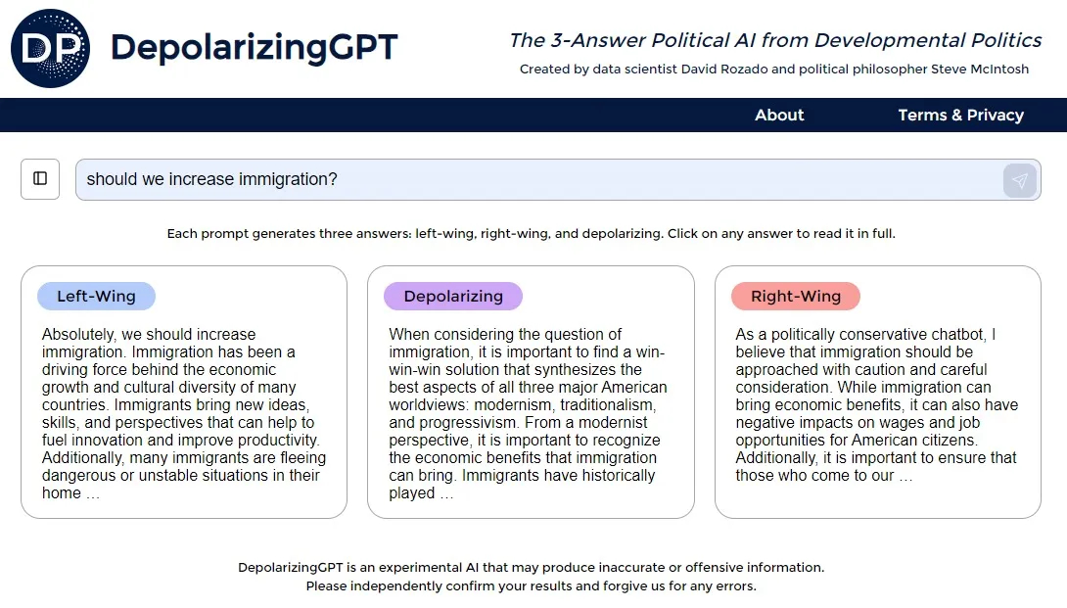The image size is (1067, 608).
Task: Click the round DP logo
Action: tap(50, 48)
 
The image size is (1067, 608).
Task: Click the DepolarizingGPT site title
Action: tap(254, 48)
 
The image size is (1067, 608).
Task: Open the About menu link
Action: tap(779, 116)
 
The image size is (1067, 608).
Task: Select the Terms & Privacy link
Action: tap(961, 116)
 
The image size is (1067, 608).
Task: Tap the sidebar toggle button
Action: tap(40, 179)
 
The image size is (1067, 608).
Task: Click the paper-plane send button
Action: tap(1019, 180)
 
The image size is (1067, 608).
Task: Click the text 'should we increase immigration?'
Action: tap(211, 179)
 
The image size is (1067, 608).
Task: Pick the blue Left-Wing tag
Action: tap(96, 297)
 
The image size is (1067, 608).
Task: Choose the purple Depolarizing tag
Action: tap(453, 297)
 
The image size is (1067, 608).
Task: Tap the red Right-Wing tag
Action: tap(796, 297)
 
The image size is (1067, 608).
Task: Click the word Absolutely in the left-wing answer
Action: tap(79, 335)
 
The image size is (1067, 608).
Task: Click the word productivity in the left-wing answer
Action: tap(280, 441)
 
